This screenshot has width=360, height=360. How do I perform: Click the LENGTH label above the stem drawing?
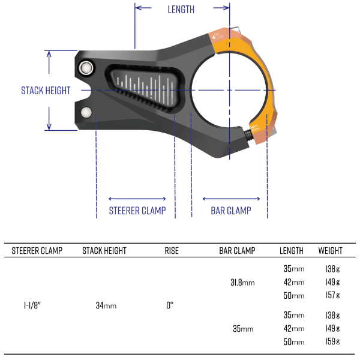[x=181, y=9]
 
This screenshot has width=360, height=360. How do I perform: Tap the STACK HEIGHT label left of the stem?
[x=46, y=91]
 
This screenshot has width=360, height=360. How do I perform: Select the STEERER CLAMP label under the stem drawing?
[x=137, y=211]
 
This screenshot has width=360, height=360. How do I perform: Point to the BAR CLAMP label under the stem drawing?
[x=231, y=211]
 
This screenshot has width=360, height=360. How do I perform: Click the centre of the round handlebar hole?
[x=228, y=90]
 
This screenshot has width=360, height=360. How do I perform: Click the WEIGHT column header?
[x=330, y=251]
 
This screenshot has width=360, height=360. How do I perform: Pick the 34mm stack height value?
[x=106, y=305]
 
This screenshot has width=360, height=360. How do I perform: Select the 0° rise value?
[x=170, y=305]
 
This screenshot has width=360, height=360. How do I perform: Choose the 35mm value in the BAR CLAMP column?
[x=242, y=329]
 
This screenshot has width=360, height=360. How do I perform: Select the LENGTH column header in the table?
[x=292, y=251]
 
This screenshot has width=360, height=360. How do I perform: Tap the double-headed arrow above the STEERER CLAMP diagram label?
[x=137, y=199]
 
